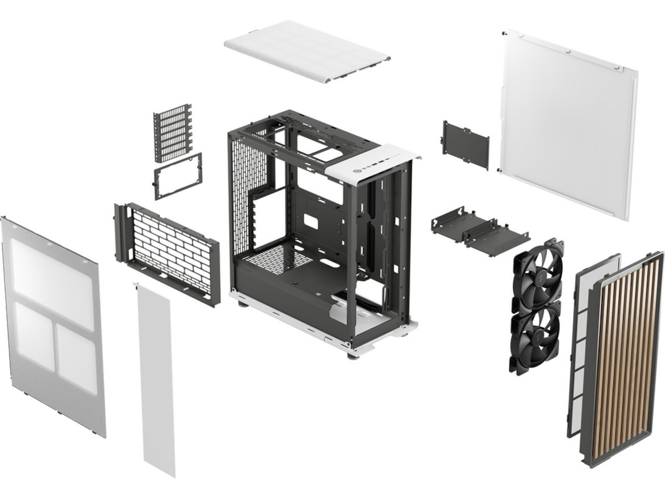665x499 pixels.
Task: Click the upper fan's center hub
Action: [538, 272]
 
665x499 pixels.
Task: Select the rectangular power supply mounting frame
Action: [177, 176]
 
